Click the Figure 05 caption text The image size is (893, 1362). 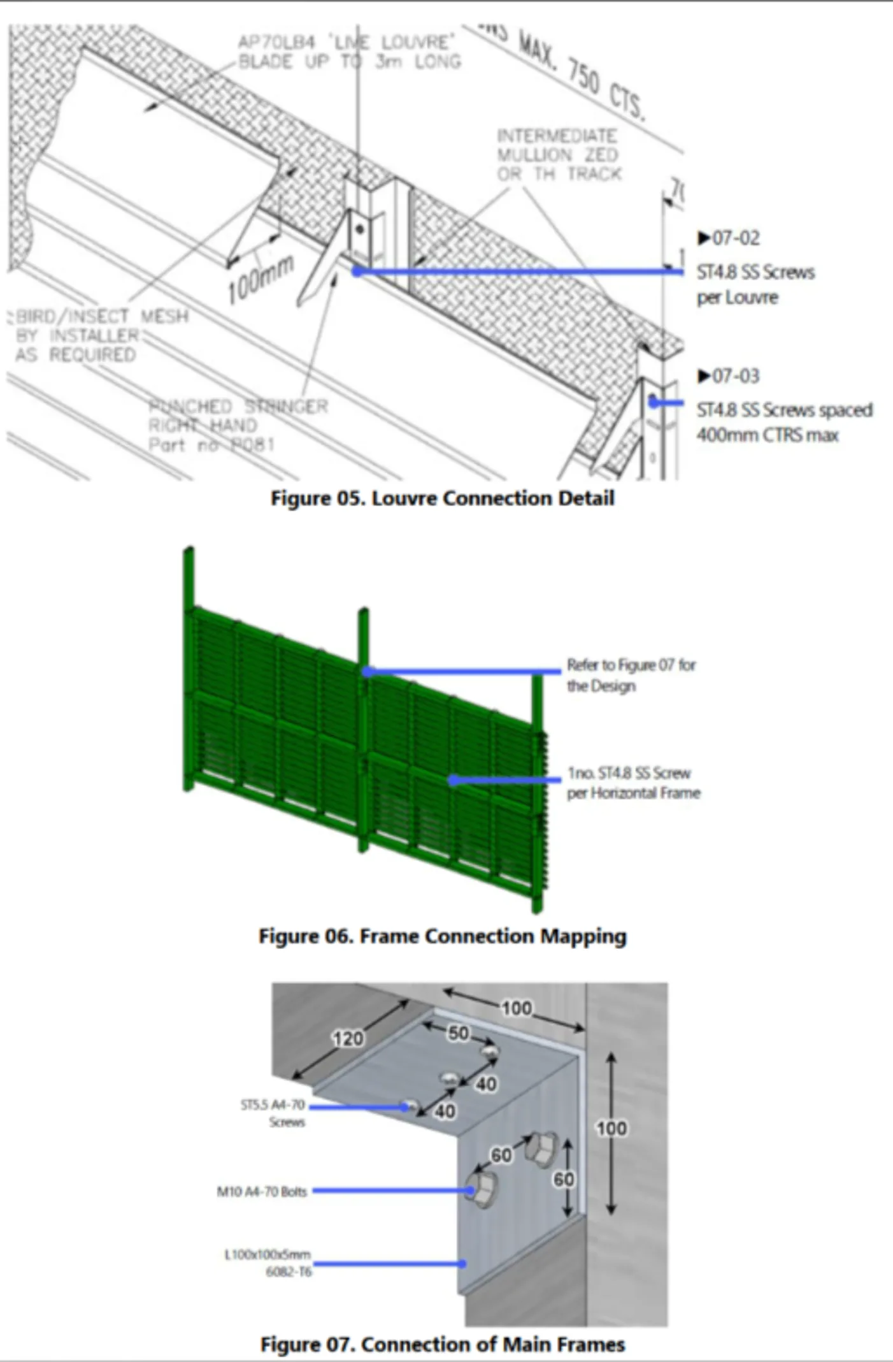(x=442, y=498)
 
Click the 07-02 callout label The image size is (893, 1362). (x=729, y=238)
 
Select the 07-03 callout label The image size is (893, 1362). (x=729, y=376)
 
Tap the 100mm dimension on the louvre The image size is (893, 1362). (x=261, y=279)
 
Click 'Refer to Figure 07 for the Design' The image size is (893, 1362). (x=630, y=675)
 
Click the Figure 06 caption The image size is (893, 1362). (x=442, y=936)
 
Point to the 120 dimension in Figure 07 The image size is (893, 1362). (x=348, y=1038)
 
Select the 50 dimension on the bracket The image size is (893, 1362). (x=458, y=1032)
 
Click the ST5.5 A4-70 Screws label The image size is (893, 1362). (x=275, y=1113)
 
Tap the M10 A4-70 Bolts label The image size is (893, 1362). (x=262, y=1191)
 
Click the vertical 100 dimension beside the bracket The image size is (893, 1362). (x=611, y=1128)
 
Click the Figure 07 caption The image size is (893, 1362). (x=442, y=1344)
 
